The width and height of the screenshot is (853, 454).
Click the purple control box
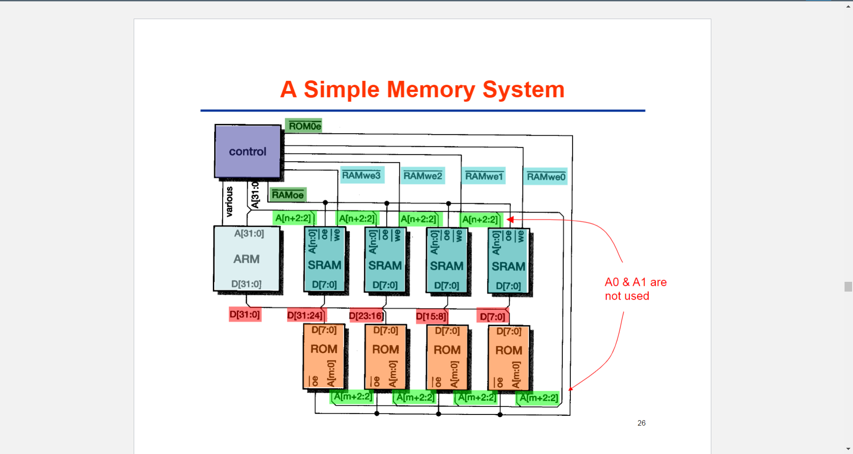pos(247,151)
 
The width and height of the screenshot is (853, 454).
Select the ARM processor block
pos(247,259)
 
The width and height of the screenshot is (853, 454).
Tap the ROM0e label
pos(304,126)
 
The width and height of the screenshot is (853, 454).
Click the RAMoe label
pos(287,195)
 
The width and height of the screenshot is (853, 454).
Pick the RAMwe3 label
pos(361,175)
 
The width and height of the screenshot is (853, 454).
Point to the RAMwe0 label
pos(546,177)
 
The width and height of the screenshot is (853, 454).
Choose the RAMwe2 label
pos(423,176)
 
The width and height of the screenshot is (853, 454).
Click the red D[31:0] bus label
pos(245,315)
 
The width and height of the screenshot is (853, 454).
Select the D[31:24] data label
pos(306,316)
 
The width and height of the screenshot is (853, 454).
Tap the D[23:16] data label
pos(366,316)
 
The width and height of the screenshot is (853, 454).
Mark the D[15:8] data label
pos(431,316)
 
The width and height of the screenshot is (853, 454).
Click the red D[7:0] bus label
pos(492,316)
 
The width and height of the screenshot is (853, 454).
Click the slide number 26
pos(641,423)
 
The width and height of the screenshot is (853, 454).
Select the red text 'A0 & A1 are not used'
pos(635,289)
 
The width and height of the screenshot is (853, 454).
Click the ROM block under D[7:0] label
pos(509,358)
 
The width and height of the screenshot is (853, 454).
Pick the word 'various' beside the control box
pos(229,202)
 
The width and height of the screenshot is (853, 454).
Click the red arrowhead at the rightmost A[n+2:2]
pos(510,219)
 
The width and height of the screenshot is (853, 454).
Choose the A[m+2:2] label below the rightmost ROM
pos(538,398)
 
